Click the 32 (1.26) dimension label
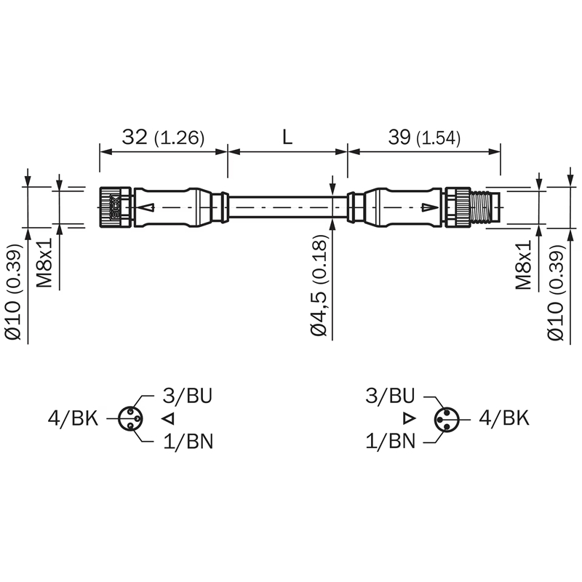click(x=163, y=137)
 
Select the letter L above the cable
click(x=287, y=137)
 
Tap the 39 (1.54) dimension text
click(x=424, y=137)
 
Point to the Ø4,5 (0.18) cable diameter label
click(x=319, y=285)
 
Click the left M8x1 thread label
click(x=44, y=263)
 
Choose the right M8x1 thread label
click(x=523, y=264)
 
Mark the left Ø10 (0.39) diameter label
click(x=14, y=292)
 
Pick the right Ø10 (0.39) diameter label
click(x=556, y=292)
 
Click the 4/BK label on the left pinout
click(x=73, y=419)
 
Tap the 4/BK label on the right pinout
click(x=504, y=418)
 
